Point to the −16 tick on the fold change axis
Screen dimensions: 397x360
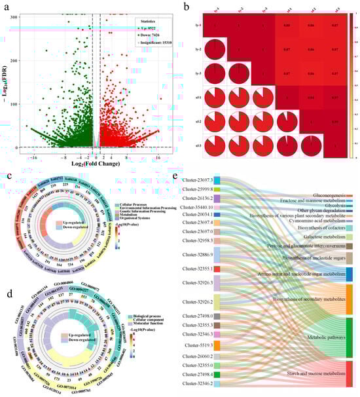[x=31, y=158]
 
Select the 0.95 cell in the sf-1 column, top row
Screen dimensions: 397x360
[x=287, y=25]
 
